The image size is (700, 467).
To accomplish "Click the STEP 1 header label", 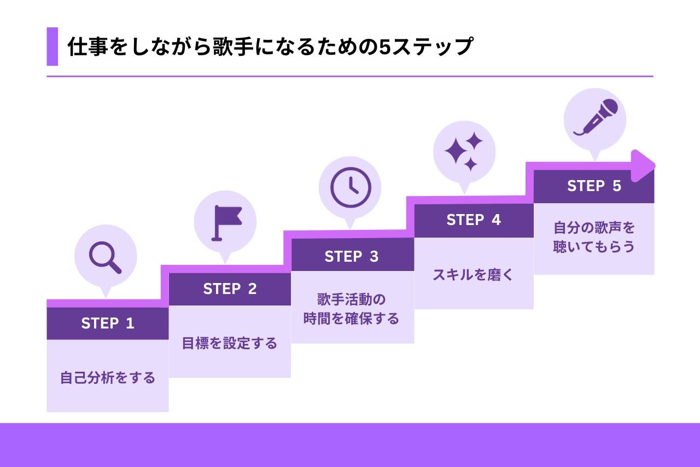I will pyautogui.click(x=107, y=324).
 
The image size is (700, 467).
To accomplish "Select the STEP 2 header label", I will pyautogui.click(x=230, y=289).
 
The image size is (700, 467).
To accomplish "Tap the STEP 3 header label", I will pyautogui.click(x=352, y=256).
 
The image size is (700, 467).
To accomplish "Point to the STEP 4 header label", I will pyautogui.click(x=474, y=220).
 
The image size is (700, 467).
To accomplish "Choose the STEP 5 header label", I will pyautogui.click(x=594, y=186).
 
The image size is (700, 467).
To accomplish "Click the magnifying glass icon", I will pyautogui.click(x=105, y=257).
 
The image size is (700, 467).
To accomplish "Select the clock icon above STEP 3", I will pyautogui.click(x=351, y=187).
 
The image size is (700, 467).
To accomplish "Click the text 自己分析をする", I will pyautogui.click(x=108, y=378).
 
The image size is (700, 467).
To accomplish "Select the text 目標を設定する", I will pyautogui.click(x=230, y=343).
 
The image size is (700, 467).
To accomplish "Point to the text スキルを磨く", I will pyautogui.click(x=474, y=275).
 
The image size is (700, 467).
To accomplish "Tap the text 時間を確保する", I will pyautogui.click(x=352, y=318).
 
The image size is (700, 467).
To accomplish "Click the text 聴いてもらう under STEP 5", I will pyautogui.click(x=594, y=246).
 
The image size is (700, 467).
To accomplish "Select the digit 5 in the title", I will pyautogui.click(x=384, y=47).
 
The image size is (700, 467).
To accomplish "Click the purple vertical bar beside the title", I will pyautogui.click(x=52, y=47).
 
